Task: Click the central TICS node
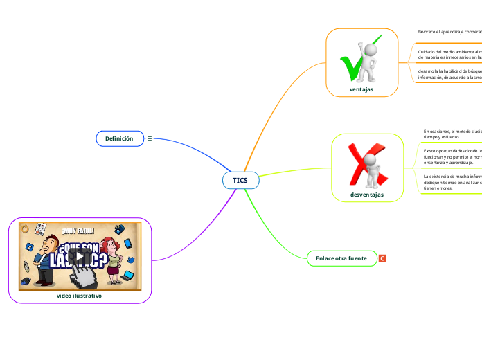(x=240, y=180)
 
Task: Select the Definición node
(x=119, y=138)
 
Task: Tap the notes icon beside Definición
(x=150, y=139)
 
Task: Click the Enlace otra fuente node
(x=341, y=258)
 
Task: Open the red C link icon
(x=382, y=258)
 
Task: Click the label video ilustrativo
(x=80, y=295)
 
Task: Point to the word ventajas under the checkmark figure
(x=361, y=89)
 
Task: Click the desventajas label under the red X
(x=367, y=195)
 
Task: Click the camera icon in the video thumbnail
(x=119, y=228)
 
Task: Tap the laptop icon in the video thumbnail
(x=128, y=276)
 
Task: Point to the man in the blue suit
(x=48, y=256)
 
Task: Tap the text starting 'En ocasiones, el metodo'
(x=452, y=134)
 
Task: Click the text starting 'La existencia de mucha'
(x=452, y=181)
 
